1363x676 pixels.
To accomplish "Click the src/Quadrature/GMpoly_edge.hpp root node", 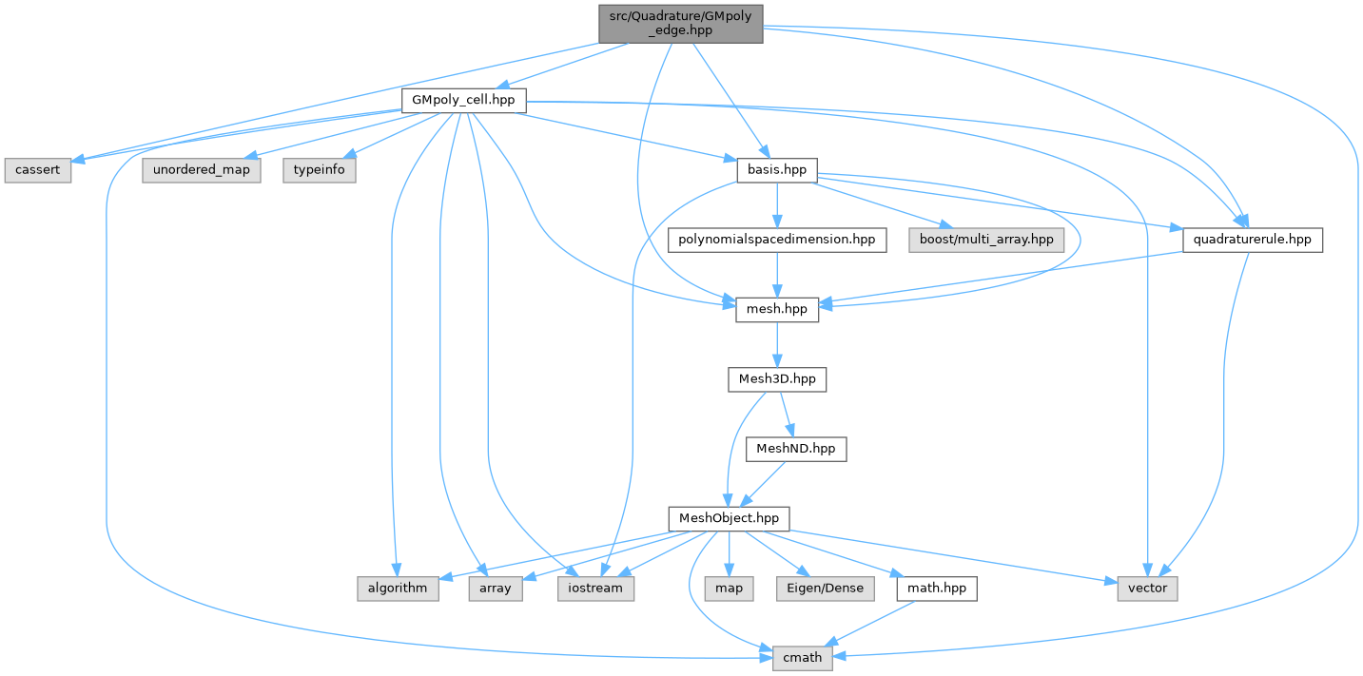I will tap(680, 22).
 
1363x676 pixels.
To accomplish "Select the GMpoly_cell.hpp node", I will tap(463, 100).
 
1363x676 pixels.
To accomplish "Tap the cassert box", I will tap(37, 170).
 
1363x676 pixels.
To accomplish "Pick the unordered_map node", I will tap(201, 170).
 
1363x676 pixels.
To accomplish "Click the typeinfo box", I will tap(319, 170).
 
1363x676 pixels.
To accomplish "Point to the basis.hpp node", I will tap(777, 170).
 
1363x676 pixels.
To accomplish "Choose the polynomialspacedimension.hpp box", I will tap(777, 240).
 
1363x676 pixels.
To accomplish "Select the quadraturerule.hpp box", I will tap(1252, 240).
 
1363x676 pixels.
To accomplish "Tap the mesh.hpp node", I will tap(777, 309).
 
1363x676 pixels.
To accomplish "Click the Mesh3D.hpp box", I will tap(777, 378).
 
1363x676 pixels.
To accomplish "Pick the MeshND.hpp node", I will tap(796, 448).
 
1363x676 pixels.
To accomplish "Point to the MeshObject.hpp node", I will tap(729, 518).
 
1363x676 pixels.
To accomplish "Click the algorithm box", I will tap(398, 588).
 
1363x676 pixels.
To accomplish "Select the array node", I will tap(496, 588).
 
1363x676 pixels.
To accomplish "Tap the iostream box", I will tap(595, 588).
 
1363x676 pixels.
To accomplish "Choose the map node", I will tap(729, 588).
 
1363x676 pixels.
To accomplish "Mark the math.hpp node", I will tap(936, 588).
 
